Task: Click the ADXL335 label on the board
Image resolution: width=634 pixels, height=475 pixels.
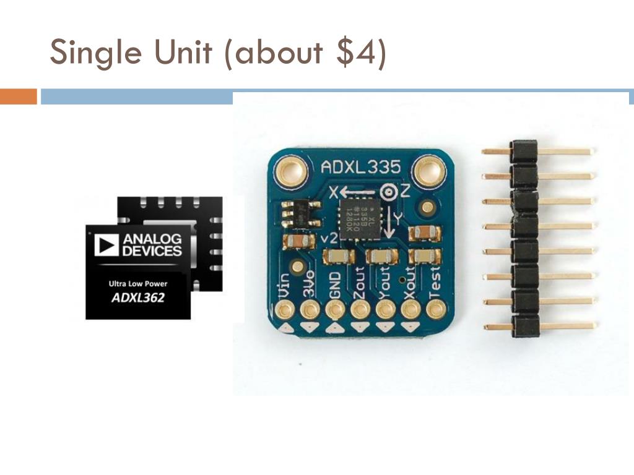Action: point(360,167)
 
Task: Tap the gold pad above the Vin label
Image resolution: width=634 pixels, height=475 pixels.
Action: point(285,308)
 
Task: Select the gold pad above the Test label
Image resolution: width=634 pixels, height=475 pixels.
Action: point(436,307)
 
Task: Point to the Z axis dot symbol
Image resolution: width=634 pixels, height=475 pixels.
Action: point(389,192)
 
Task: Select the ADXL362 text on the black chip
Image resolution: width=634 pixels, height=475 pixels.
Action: point(137,297)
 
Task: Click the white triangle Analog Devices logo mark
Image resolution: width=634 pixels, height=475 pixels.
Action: point(106,245)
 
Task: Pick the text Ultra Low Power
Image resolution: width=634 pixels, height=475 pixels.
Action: point(138,284)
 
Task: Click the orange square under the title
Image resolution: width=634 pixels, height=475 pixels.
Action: point(19,97)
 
